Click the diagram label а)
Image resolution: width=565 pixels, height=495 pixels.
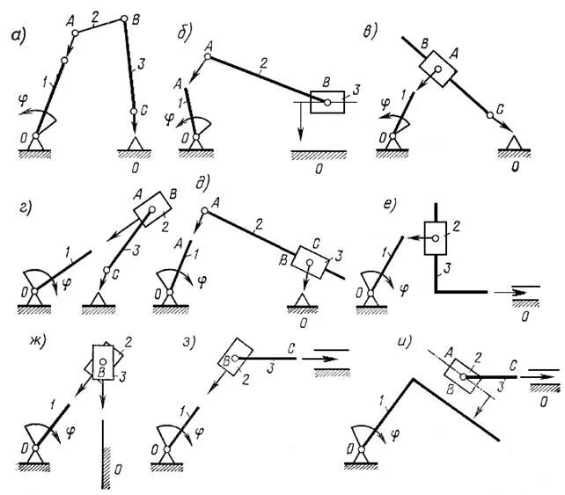click(x=17, y=36)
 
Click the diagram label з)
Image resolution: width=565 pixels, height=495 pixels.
click(x=187, y=341)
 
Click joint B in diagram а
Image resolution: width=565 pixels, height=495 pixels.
click(x=124, y=18)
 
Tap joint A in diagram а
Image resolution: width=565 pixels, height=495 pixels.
click(x=75, y=33)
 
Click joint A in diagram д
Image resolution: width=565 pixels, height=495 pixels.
click(x=206, y=209)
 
